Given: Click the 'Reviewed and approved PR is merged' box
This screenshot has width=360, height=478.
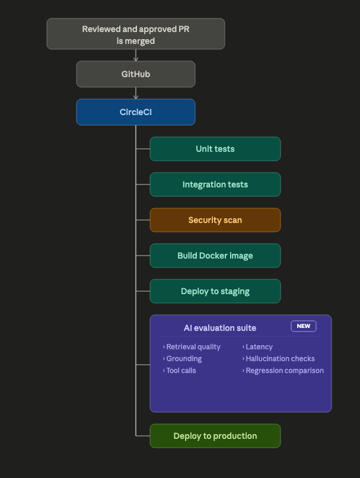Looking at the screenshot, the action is tap(136, 34).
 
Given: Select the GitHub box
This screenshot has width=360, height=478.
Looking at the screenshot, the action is tap(136, 74).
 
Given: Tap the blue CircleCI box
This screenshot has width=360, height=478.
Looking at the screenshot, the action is tap(136, 112).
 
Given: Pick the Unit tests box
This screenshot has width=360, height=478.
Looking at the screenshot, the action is tap(215, 149).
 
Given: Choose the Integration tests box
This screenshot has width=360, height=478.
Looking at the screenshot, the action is tap(215, 184).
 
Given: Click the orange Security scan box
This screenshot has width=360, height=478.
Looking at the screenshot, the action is tap(215, 220).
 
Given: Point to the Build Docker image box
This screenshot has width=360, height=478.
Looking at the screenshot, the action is tap(215, 256).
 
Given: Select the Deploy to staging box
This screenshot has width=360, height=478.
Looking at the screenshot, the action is tap(215, 291).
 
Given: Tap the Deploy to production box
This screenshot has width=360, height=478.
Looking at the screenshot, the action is tap(215, 436).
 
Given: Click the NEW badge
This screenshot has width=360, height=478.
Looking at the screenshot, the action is tap(304, 326).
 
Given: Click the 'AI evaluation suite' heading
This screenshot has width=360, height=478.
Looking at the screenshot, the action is tap(220, 328).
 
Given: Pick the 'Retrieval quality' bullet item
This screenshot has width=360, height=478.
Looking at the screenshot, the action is tap(192, 347).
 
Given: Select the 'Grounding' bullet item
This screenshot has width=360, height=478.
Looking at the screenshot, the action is tap(182, 359).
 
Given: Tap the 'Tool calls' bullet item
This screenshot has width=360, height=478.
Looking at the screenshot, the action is tap(180, 371).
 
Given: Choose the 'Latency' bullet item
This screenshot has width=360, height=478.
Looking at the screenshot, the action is tap(257, 347).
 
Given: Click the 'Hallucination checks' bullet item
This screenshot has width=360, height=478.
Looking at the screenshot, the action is tap(279, 359).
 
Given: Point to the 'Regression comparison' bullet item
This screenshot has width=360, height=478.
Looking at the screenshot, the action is tap(283, 371).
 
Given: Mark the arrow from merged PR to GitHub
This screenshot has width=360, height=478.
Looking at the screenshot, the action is tap(136, 55).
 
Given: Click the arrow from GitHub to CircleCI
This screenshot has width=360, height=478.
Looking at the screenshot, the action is tap(136, 93).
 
